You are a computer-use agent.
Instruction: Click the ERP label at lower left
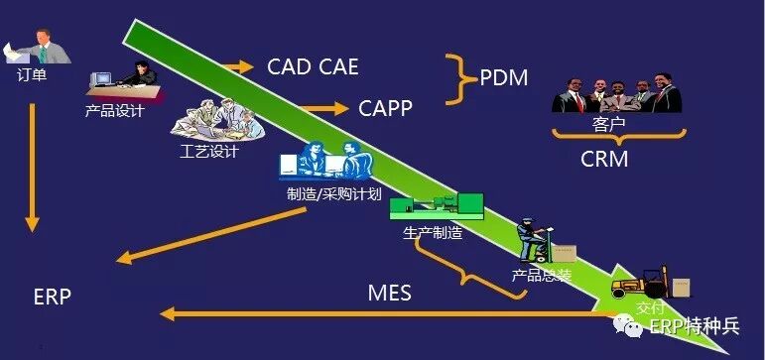pos(53,297)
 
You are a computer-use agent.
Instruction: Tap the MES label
pos(389,294)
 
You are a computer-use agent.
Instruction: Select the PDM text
pos(503,78)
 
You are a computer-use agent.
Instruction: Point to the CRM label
pos(604,159)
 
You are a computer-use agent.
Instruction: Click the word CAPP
pos(385,108)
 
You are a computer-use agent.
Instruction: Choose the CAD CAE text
pos(313,66)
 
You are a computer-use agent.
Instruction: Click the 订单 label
pos(32,75)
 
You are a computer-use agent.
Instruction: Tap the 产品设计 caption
pos(115,111)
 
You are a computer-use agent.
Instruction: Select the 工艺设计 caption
pos(209,151)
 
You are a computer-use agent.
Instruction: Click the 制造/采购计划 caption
pos(333,194)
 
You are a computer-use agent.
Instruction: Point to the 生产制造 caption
pos(433,233)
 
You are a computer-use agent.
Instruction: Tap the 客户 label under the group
pos(608,124)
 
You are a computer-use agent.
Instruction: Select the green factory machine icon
pos(437,206)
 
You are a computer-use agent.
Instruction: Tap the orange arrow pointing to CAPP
pos(324,108)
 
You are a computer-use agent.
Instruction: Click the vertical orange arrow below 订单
pos(32,168)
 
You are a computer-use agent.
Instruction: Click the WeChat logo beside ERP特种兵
pos(628,326)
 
